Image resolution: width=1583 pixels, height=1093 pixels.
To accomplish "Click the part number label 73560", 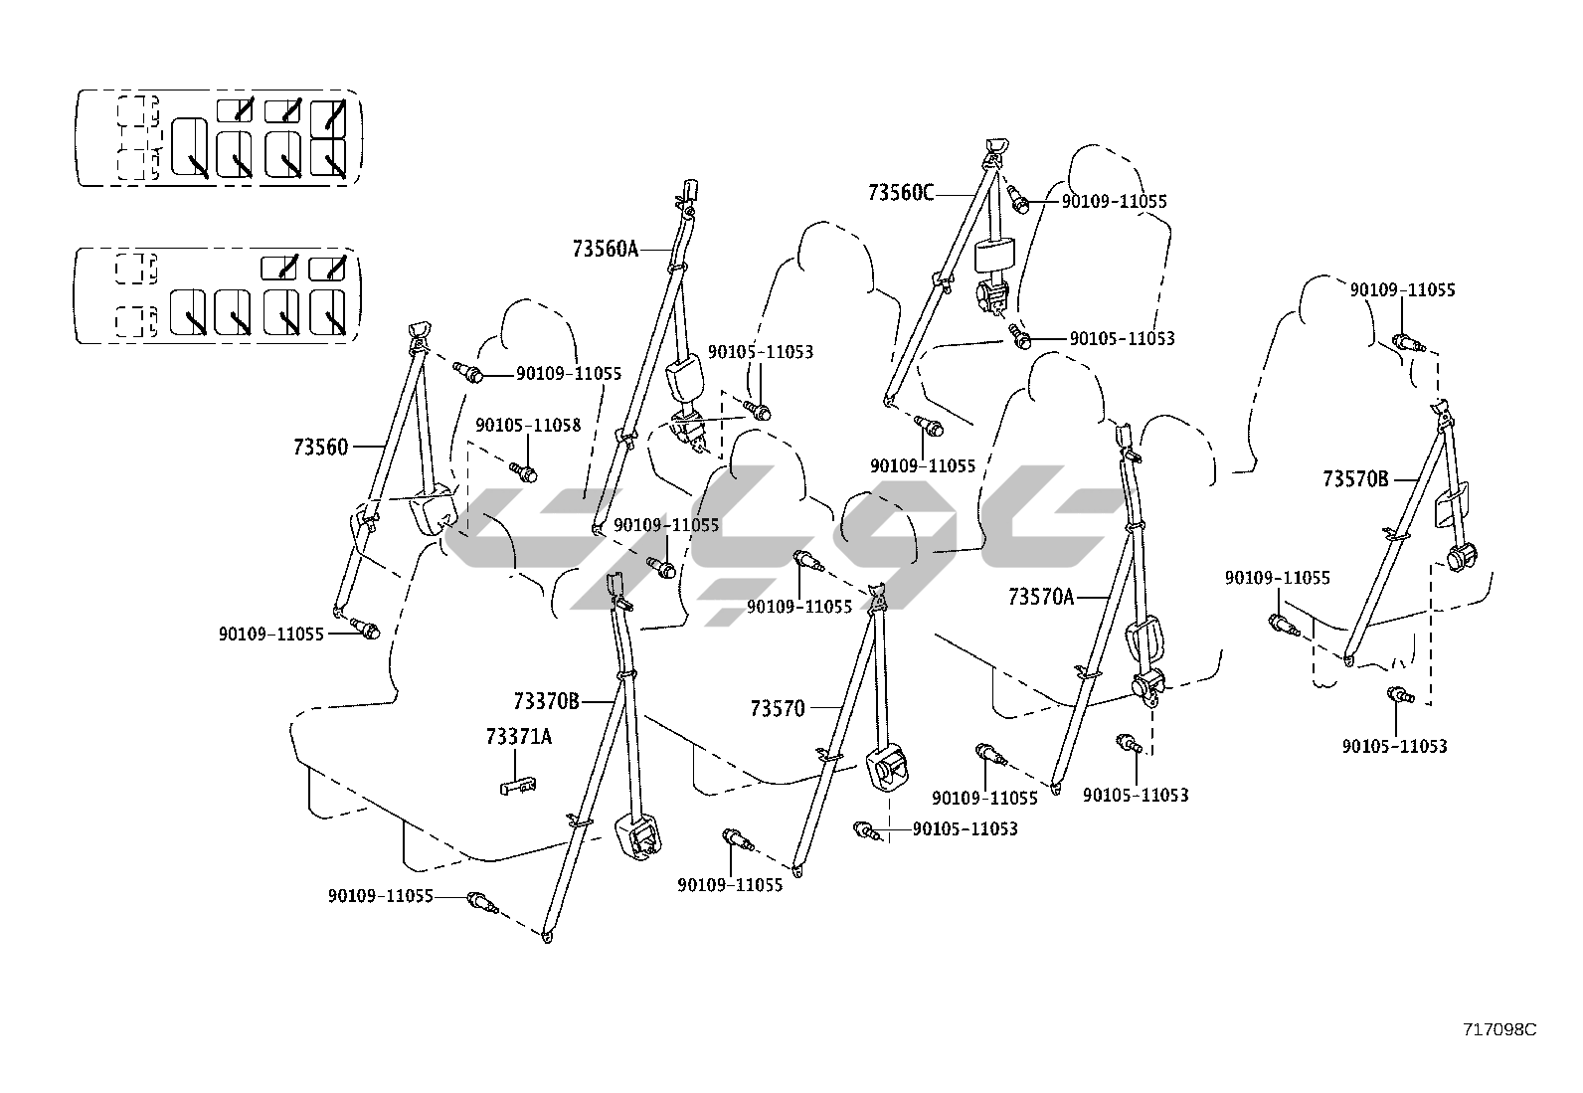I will tap(320, 448).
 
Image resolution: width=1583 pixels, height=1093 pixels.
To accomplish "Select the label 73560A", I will tap(605, 249).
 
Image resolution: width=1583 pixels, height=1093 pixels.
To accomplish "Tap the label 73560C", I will tap(901, 193).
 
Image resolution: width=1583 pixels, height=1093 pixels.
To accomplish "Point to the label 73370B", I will tap(546, 701).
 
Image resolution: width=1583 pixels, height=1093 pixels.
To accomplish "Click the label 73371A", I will tap(518, 737).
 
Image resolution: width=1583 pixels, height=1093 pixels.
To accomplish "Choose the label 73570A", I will tap(1041, 597).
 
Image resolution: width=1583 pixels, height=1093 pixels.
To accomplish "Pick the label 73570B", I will tap(1355, 479).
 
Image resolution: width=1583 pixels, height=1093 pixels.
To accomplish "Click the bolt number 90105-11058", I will tap(528, 425).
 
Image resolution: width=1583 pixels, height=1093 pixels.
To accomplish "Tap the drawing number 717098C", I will tap(1498, 1029).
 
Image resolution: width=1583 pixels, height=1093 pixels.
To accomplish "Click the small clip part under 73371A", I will tap(517, 786).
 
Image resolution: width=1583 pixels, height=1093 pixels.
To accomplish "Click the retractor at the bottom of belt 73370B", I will tap(637, 835).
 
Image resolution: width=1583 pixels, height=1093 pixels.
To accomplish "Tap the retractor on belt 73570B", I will tap(1461, 557).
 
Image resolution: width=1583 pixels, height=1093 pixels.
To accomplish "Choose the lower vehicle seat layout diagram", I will tap(219, 295).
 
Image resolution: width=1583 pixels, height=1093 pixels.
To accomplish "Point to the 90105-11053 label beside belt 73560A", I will tap(760, 352).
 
